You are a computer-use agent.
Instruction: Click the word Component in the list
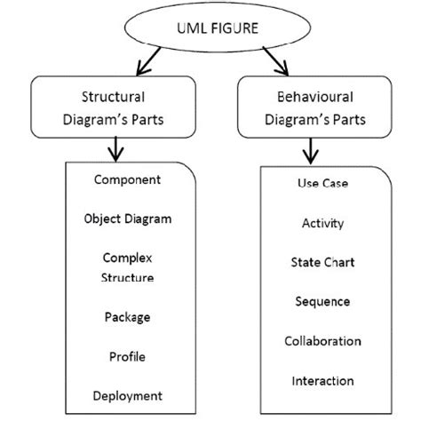coord(127,179)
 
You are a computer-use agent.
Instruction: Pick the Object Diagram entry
coord(127,218)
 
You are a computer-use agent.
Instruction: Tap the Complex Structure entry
coord(127,267)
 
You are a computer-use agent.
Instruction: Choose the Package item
coord(127,316)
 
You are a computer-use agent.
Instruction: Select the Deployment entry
coord(127,395)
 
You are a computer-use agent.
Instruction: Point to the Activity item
coord(322,224)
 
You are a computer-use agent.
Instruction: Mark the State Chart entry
coord(322,263)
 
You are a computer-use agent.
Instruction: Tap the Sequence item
coord(322,302)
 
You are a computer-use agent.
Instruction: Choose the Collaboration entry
coord(322,341)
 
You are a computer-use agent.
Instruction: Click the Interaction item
coord(322,381)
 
